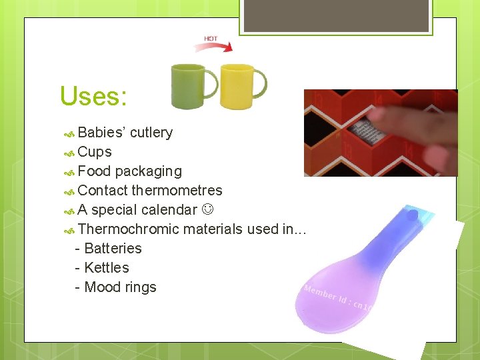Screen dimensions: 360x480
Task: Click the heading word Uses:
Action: pos(93,97)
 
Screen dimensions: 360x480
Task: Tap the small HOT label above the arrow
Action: pos(211,39)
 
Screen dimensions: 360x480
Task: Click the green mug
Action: pos(189,86)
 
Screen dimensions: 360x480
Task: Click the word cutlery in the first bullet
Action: pos(151,133)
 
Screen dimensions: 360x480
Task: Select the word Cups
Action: pos(95,152)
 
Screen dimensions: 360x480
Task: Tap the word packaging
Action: pos(148,171)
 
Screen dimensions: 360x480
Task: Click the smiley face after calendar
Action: pos(208,210)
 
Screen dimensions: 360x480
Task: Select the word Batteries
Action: pos(113,249)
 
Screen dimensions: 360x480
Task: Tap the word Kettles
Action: pos(107,268)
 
